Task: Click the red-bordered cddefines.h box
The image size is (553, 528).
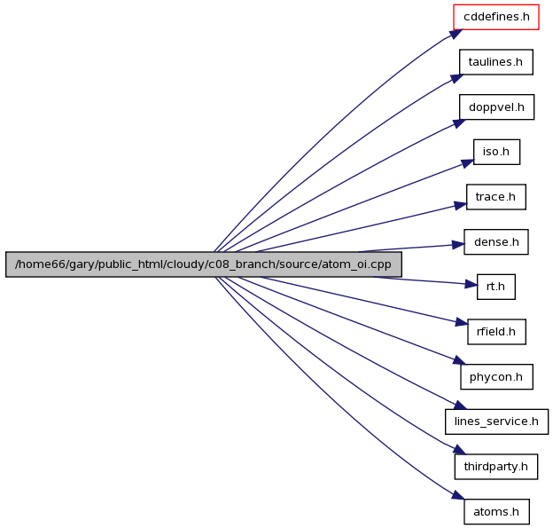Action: (x=496, y=17)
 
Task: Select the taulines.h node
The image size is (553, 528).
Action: (x=496, y=62)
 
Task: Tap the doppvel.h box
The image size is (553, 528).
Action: (x=496, y=107)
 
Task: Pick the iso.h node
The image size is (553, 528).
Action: (x=496, y=152)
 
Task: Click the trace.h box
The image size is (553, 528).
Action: (x=496, y=197)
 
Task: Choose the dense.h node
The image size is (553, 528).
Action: (x=496, y=242)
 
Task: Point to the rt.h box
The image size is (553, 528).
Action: (x=496, y=287)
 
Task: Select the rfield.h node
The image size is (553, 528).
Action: (x=496, y=332)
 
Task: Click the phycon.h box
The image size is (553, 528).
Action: (x=496, y=377)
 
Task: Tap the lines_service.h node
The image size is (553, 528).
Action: (x=496, y=422)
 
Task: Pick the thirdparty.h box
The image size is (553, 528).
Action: (x=496, y=467)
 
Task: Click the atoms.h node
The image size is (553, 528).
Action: (x=496, y=512)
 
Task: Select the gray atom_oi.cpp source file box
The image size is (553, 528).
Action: (x=204, y=264)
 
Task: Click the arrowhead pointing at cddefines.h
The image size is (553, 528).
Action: (x=456, y=34)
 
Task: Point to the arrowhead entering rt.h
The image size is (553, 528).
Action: (x=471, y=284)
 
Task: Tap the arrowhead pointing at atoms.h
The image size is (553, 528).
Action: (x=458, y=495)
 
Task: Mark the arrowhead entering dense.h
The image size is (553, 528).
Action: (x=457, y=244)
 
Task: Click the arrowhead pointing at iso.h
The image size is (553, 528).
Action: (x=467, y=163)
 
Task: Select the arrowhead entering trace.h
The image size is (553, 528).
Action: (x=460, y=205)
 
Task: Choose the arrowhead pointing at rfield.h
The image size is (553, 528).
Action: (x=462, y=323)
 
